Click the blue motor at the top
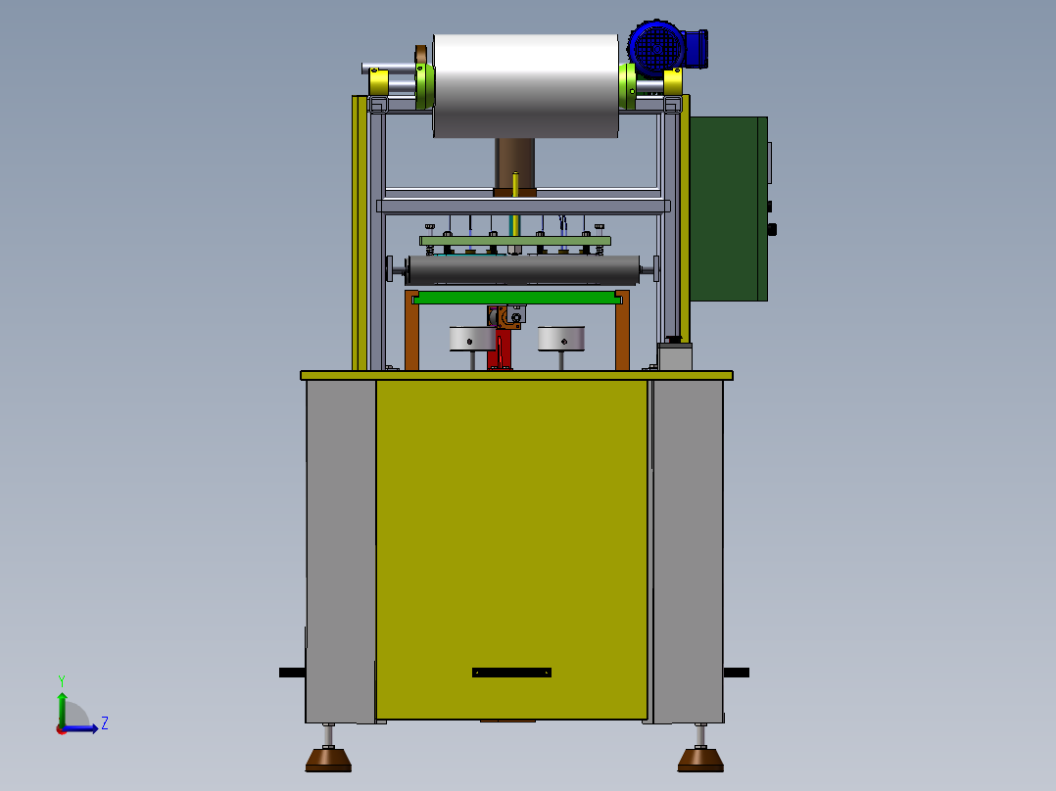[658, 46]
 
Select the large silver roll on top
[525, 85]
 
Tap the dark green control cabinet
[728, 208]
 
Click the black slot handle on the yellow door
[511, 673]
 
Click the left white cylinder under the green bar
[472, 339]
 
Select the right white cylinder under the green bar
[560, 339]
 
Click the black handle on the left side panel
[292, 673]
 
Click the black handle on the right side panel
[737, 673]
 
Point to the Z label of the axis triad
[105, 723]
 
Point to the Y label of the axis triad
[61, 679]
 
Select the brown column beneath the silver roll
[515, 162]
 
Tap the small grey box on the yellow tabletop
[674, 355]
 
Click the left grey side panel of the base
[340, 548]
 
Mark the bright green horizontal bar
[517, 297]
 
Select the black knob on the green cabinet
[772, 230]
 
